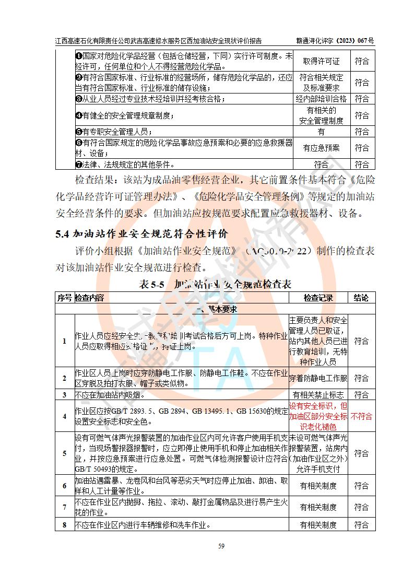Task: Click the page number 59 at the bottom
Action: [221, 546]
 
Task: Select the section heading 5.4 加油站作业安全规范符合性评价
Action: [142, 233]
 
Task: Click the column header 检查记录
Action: [318, 298]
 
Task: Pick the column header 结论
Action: [361, 298]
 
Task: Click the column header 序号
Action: [64, 298]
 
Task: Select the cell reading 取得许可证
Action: [321, 61]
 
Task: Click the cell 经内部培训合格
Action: [321, 98]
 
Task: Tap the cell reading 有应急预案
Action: [321, 148]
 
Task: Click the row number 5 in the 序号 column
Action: [64, 453]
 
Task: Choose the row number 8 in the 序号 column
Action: [64, 525]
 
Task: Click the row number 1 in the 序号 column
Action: [64, 341]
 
